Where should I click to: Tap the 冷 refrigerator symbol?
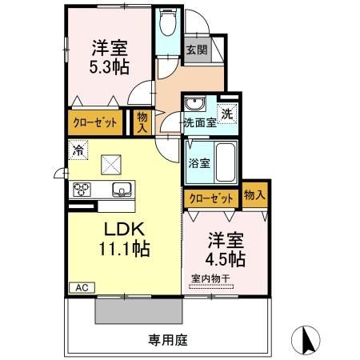pos(78,149)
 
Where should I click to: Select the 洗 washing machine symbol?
pos(228,114)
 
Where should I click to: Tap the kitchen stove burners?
pos(82,190)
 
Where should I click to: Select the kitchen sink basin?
pos(123,190)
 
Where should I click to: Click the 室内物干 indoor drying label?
pos(210,278)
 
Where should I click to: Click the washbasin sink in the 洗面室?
pos(194,105)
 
